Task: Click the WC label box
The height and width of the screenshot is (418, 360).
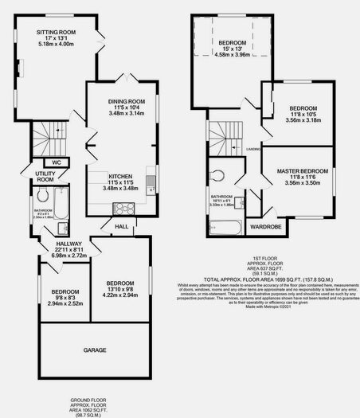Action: coord(57,162)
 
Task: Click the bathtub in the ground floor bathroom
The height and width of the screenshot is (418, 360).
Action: coord(68,209)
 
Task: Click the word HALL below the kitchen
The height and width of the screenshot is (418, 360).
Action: coord(121,226)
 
